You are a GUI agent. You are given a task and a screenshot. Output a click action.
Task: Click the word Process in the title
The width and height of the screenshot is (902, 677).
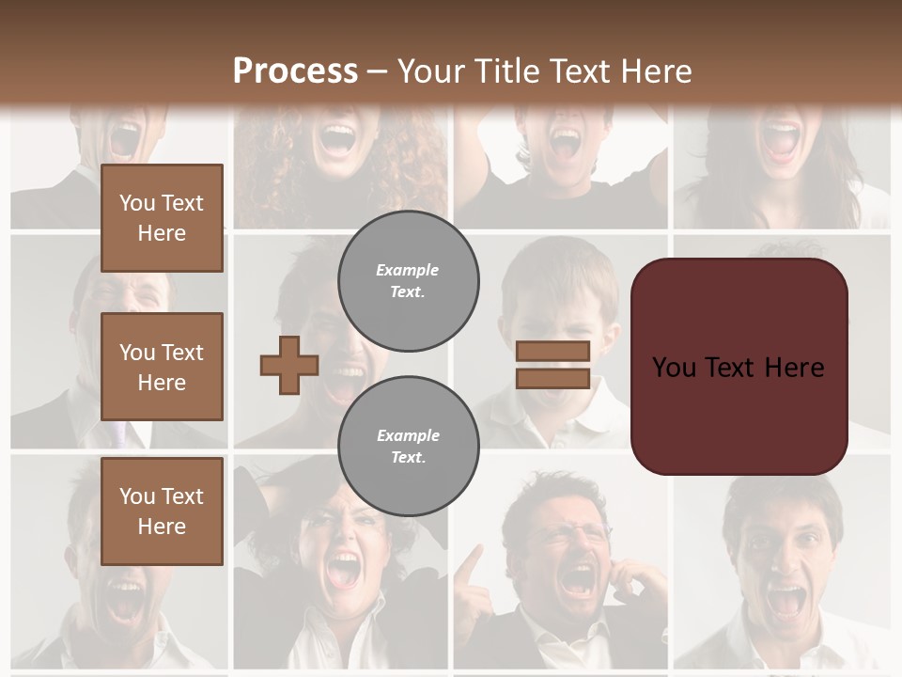click(x=295, y=71)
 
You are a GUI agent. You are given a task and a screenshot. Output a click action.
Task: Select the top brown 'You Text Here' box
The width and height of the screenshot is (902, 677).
click(x=162, y=218)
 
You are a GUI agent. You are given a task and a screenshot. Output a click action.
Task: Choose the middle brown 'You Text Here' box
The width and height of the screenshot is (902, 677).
click(x=162, y=367)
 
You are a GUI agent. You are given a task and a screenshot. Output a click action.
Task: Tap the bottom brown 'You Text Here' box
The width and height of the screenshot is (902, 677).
click(x=162, y=511)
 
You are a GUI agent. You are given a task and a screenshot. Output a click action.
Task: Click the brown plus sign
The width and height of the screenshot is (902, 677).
click(x=289, y=364)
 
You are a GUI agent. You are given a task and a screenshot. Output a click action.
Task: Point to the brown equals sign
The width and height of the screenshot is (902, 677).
click(x=552, y=365)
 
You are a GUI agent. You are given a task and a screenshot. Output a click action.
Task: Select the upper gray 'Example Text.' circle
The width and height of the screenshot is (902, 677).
click(x=408, y=281)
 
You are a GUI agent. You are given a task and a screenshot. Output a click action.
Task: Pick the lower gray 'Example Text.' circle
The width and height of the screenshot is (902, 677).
click(x=408, y=447)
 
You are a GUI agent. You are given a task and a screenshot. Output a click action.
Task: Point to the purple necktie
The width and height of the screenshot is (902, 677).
click(x=118, y=433)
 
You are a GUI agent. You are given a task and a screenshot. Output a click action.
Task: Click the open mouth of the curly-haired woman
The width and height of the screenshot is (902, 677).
click(x=337, y=139)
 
